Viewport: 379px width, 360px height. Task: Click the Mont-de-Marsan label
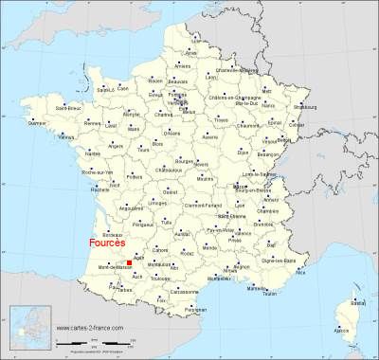pyautogui.click(x=110, y=269)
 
